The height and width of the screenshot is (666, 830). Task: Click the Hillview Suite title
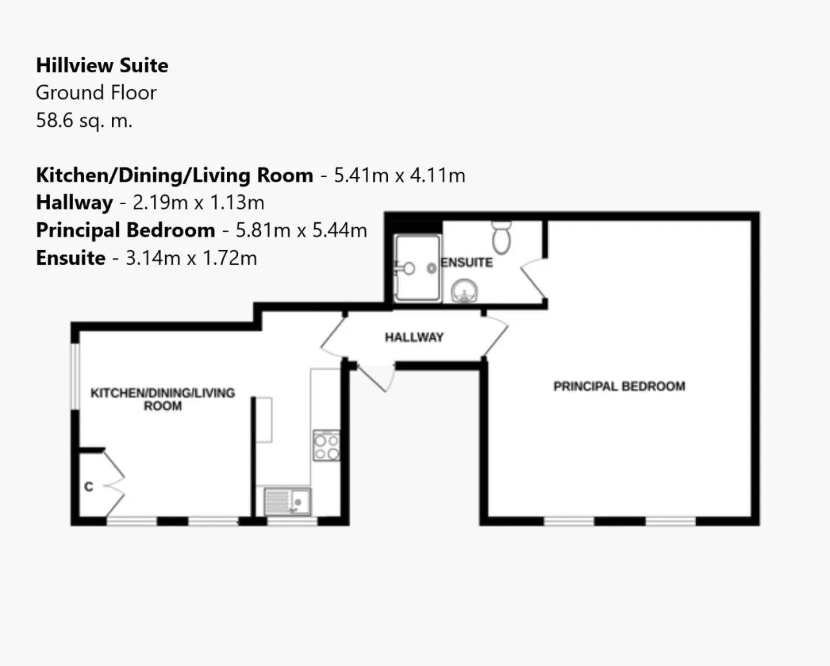pyautogui.click(x=102, y=65)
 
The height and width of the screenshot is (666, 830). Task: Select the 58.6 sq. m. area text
pyautogui.click(x=84, y=120)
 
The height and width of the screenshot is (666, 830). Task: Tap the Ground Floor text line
pyautogui.click(x=96, y=92)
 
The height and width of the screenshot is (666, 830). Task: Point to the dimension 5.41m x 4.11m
pyautogui.click(x=399, y=175)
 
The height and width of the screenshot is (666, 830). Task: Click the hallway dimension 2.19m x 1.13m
pyautogui.click(x=198, y=203)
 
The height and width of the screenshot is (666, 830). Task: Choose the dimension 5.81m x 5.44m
pyautogui.click(x=301, y=230)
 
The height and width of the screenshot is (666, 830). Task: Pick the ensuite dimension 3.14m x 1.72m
pyautogui.click(x=191, y=258)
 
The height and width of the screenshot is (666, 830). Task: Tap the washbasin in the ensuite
pyautogui.click(x=464, y=291)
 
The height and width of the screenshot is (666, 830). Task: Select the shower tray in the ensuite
pyautogui.click(x=418, y=268)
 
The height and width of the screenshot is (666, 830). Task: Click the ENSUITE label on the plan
pyautogui.click(x=467, y=262)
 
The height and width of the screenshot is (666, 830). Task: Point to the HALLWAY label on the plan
pyautogui.click(x=414, y=337)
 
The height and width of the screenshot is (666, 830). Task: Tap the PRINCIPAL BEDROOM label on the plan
pyautogui.click(x=619, y=386)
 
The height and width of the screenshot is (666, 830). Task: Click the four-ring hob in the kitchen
pyautogui.click(x=326, y=446)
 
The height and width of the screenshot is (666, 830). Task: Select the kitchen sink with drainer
pyautogui.click(x=288, y=501)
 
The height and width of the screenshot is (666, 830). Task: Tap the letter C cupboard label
pyautogui.click(x=89, y=486)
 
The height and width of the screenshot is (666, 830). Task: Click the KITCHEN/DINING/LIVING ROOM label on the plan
pyautogui.click(x=162, y=399)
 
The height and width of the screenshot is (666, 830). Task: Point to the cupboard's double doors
pyautogui.click(x=115, y=483)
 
